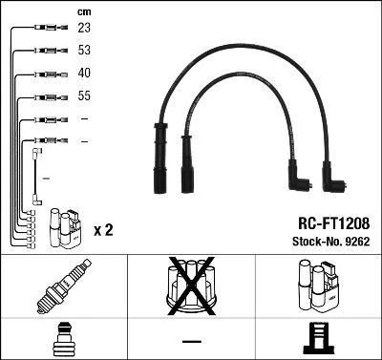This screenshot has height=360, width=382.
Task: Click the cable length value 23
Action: [x=84, y=30]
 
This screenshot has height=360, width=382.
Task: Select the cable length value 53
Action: [x=84, y=52]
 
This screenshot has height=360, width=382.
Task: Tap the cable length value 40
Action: [x=84, y=74]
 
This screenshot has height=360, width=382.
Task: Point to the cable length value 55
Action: [x=84, y=96]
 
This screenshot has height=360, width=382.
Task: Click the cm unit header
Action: [x=83, y=11]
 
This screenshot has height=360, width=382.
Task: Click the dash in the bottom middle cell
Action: [x=191, y=340]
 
